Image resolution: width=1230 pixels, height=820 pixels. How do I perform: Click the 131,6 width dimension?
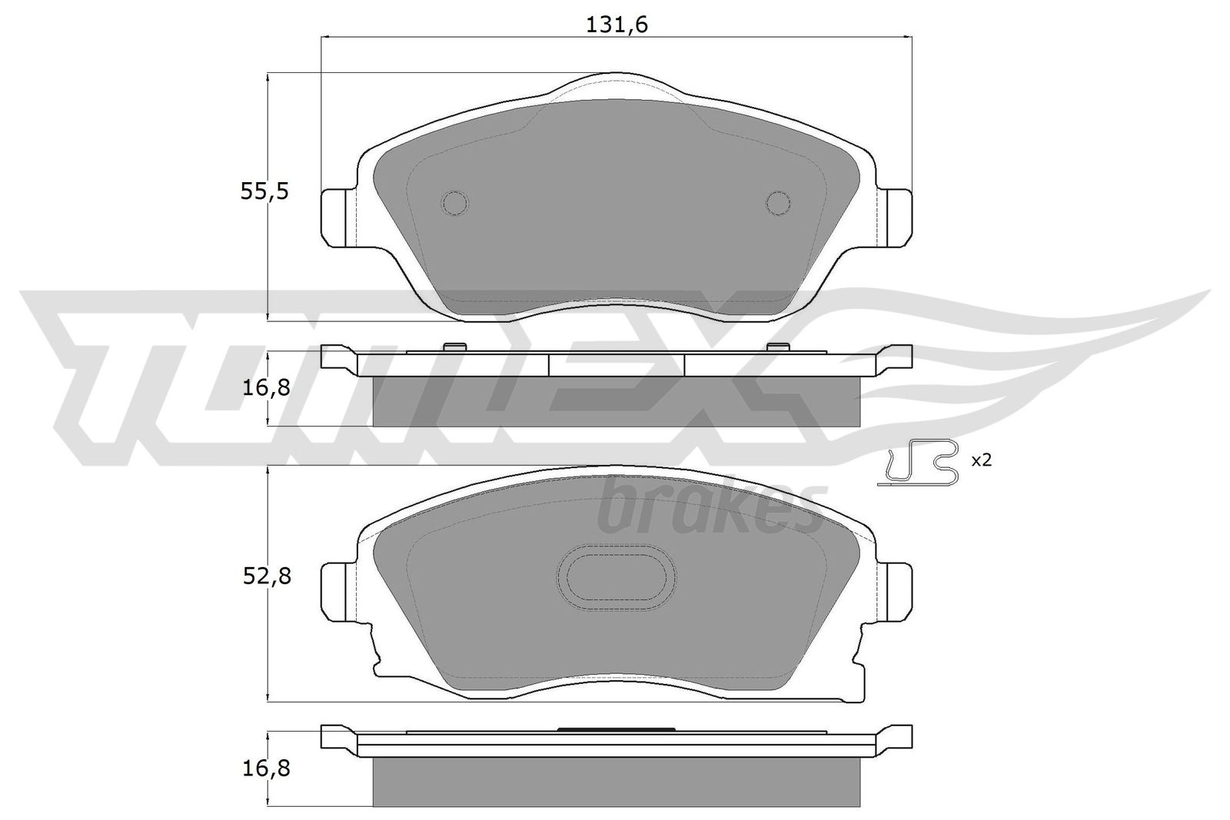tap(617, 25)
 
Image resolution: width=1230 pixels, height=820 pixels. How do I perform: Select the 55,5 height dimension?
tap(264, 191)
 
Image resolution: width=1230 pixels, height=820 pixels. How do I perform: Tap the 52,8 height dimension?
tap(266, 577)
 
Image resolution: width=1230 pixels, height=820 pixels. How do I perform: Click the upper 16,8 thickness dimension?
tap(266, 389)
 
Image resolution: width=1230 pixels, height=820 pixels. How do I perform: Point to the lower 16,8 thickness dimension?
tap(266, 769)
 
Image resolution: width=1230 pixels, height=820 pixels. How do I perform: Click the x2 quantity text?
tap(981, 460)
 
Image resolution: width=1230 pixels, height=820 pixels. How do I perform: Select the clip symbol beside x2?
tap(918, 462)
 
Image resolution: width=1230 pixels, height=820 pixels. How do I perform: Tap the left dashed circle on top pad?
tap(455, 204)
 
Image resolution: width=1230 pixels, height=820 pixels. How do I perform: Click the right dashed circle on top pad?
tap(779, 204)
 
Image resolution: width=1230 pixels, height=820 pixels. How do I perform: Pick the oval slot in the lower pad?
tap(617, 577)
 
